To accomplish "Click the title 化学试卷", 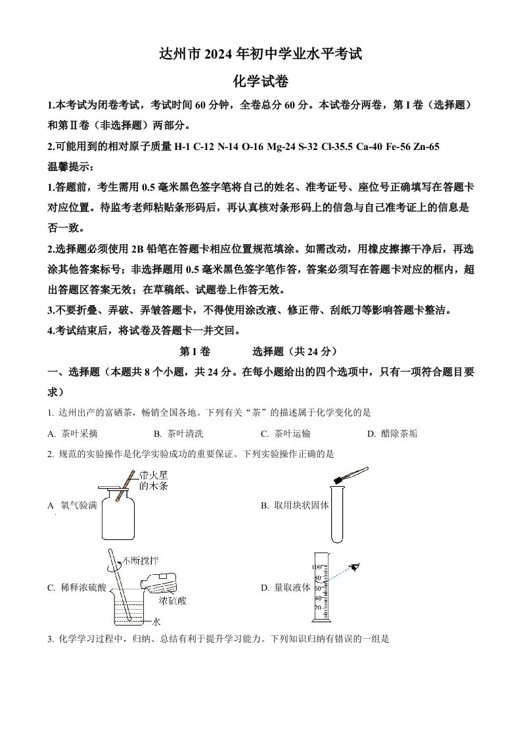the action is click(x=261, y=82).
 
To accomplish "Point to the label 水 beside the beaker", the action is click(x=156, y=622).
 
